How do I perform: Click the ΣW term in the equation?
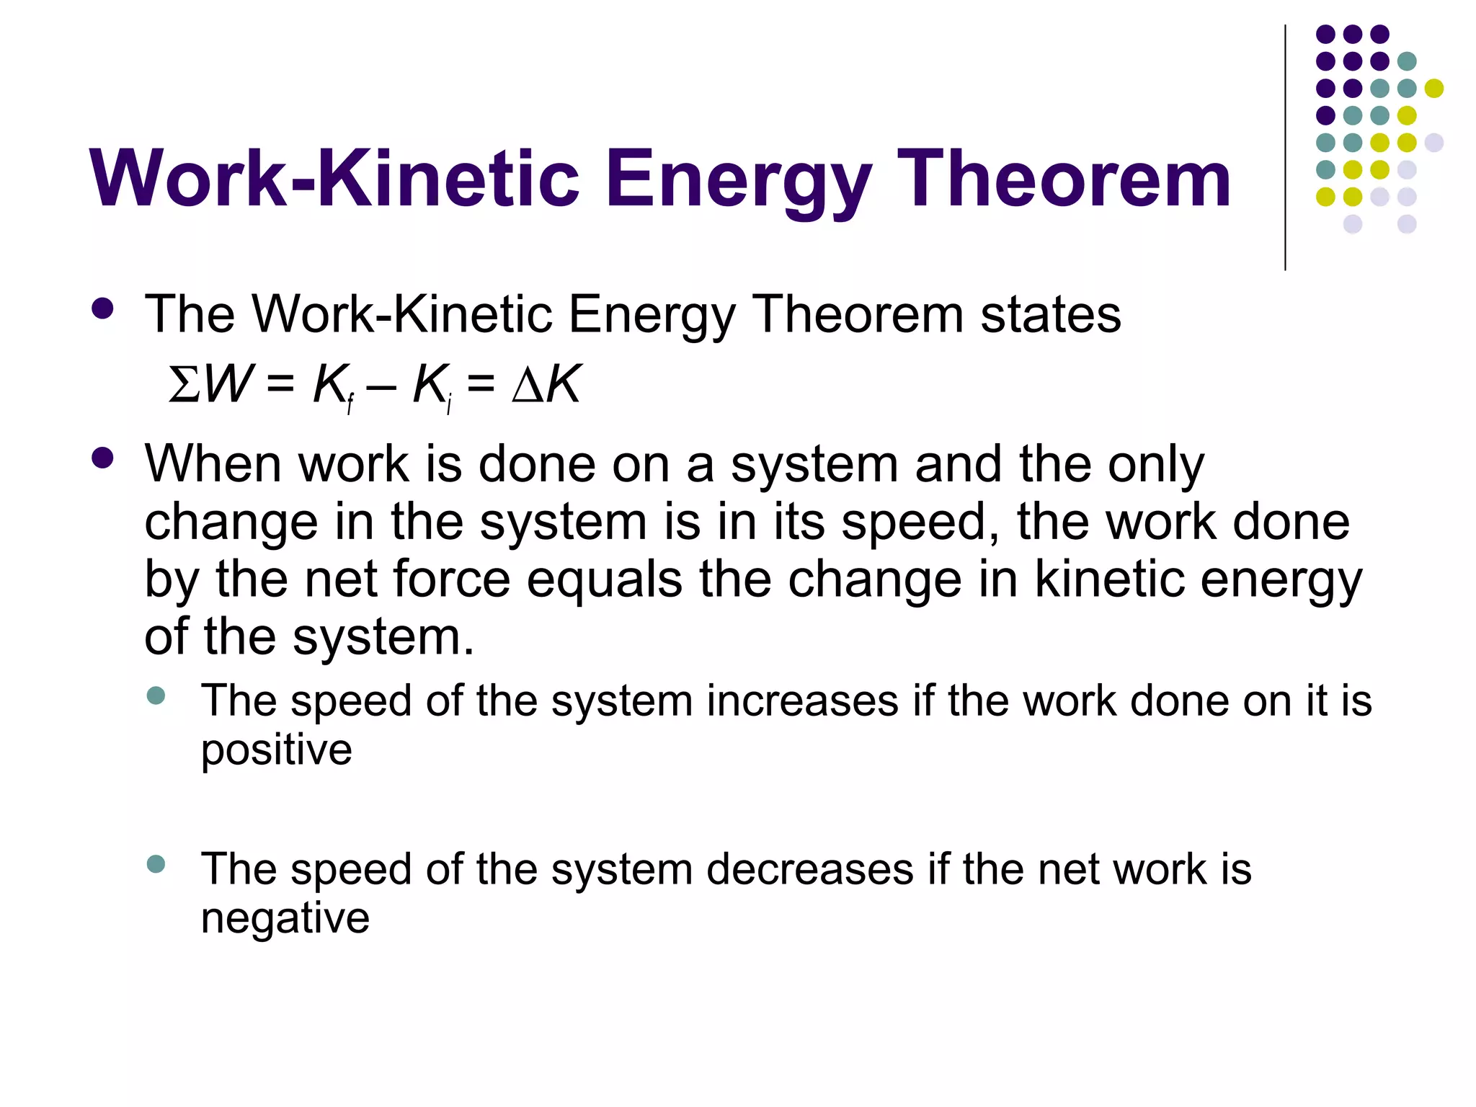(x=210, y=384)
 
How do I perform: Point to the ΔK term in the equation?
(x=546, y=384)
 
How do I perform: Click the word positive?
(x=276, y=750)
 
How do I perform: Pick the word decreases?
(x=809, y=869)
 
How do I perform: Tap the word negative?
(x=285, y=919)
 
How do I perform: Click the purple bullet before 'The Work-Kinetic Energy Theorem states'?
(x=103, y=309)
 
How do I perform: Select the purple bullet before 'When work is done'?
(x=103, y=458)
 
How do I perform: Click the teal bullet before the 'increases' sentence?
(x=156, y=695)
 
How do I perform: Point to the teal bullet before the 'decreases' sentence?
(x=156, y=863)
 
